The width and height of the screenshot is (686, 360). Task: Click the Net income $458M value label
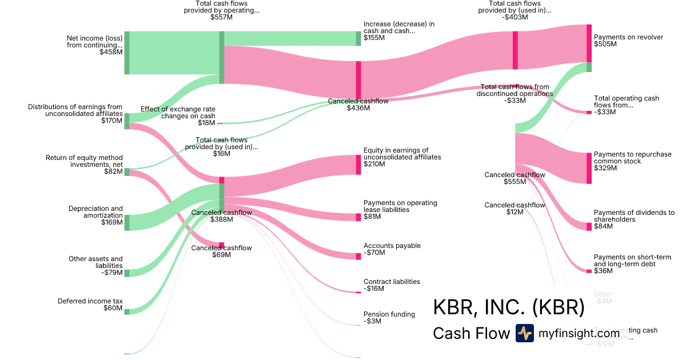[x=111, y=52]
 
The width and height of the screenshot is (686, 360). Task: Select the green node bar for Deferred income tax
[x=127, y=311]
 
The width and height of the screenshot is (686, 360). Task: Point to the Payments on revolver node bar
[x=589, y=43]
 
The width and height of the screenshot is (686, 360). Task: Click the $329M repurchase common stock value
[x=605, y=168]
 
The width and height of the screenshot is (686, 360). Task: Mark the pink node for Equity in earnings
[x=358, y=165]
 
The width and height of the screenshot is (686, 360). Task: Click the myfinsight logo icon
[x=524, y=333]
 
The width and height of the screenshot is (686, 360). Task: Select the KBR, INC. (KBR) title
[x=509, y=307]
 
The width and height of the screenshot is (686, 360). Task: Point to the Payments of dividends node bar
[x=589, y=226]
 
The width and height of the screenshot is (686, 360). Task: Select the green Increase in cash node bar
[x=358, y=38]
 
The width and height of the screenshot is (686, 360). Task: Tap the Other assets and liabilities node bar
[x=127, y=273]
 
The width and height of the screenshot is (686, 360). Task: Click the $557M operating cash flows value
[x=221, y=17]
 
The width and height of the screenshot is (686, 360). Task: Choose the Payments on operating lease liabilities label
[x=400, y=206]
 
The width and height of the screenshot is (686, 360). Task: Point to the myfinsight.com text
[x=579, y=333]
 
